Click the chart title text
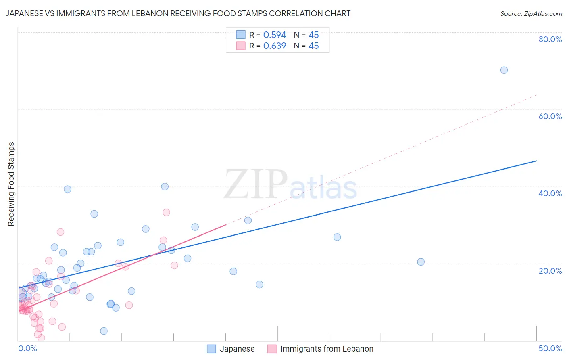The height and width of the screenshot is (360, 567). (178, 13)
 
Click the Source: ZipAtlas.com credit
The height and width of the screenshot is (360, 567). (531, 13)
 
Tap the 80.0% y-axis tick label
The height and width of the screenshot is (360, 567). (550, 39)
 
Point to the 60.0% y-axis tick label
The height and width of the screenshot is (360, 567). (550, 116)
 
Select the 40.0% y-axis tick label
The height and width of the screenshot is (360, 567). (550, 193)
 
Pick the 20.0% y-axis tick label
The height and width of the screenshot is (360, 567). (550, 270)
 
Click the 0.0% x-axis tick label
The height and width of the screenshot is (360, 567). (27, 348)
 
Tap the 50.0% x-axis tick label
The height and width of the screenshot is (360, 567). (550, 348)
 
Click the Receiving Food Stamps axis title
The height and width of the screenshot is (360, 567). (11, 184)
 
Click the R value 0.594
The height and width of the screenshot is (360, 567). (275, 35)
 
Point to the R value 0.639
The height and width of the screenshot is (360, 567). (275, 46)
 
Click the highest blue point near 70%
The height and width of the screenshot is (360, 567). (504, 70)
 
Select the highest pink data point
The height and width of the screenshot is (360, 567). (166, 212)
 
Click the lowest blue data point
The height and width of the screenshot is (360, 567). (104, 331)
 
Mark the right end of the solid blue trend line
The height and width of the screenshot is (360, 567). (536, 161)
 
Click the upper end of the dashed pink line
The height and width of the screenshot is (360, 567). (537, 94)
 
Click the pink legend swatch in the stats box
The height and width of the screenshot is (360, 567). (241, 46)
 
